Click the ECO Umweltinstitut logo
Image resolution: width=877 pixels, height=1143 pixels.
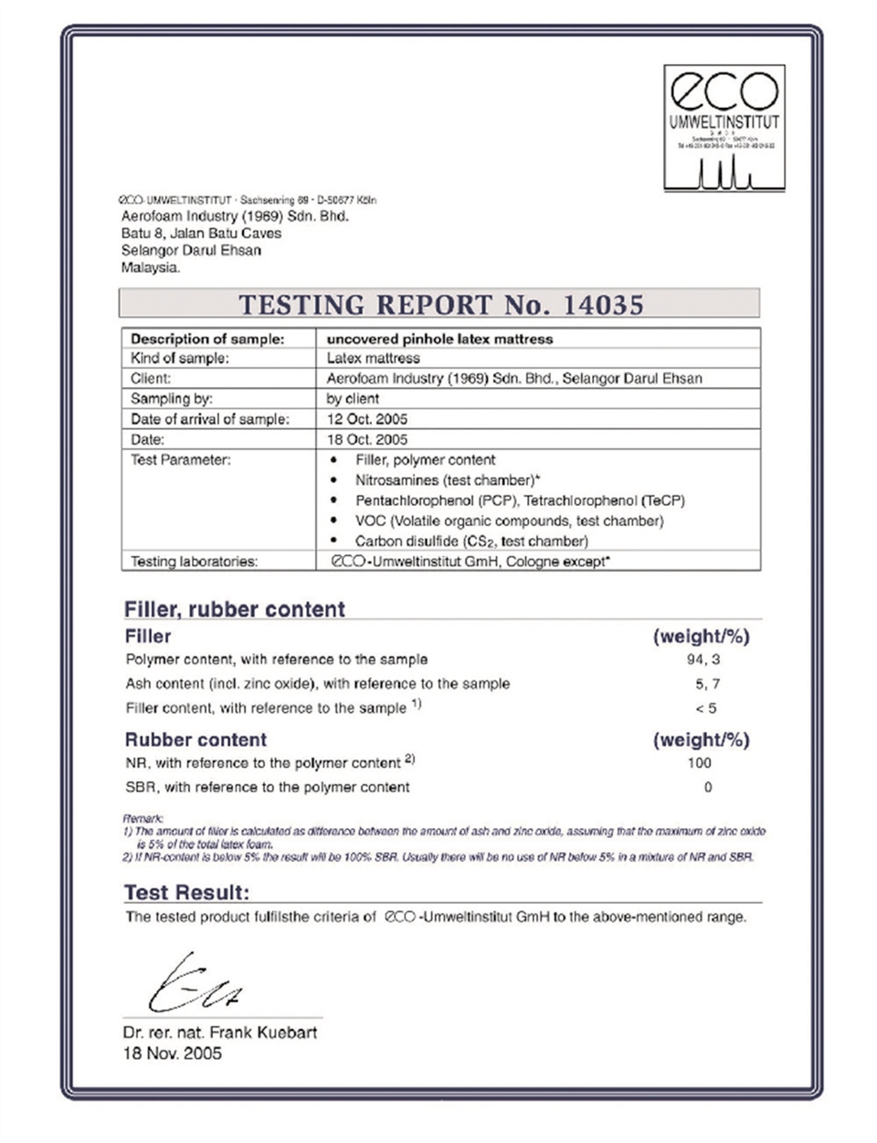coord(724,125)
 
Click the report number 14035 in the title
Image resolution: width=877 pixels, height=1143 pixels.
coord(598,304)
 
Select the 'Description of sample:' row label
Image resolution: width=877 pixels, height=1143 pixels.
coord(207,339)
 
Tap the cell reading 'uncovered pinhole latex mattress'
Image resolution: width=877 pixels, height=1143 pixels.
coord(439,339)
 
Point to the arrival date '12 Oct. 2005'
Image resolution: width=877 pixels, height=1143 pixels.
coord(367,419)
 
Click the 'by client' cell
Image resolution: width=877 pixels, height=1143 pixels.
coord(353,399)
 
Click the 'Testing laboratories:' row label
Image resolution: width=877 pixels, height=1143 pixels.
coord(194,561)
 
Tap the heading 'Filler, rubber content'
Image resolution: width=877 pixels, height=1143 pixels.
coord(235,610)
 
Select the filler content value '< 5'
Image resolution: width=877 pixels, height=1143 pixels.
coord(705,708)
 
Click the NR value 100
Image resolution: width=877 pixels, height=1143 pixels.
coord(699,763)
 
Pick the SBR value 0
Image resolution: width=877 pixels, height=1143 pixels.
coord(707,787)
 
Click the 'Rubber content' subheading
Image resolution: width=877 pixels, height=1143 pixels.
coord(195,739)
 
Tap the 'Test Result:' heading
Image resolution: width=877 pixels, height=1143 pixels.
coord(186,892)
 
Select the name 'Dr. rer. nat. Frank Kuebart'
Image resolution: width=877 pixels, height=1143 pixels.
coord(220,1033)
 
